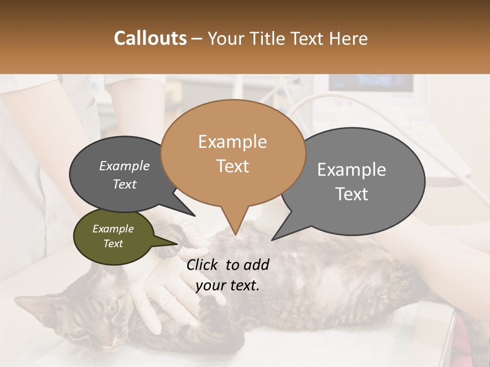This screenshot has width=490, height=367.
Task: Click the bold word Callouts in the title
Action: (150, 38)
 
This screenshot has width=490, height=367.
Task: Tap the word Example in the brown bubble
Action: (232, 142)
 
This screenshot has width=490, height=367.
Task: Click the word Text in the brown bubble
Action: (232, 166)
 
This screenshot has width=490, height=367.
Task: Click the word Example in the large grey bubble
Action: (352, 170)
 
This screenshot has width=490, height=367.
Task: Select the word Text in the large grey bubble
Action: (352, 194)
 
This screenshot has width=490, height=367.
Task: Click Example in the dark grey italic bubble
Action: (124, 166)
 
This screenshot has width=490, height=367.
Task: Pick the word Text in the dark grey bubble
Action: (124, 184)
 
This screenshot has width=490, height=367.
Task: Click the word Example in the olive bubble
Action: (113, 229)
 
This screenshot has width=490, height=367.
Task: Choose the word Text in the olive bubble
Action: (113, 244)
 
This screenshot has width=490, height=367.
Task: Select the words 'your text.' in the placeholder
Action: (227, 285)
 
